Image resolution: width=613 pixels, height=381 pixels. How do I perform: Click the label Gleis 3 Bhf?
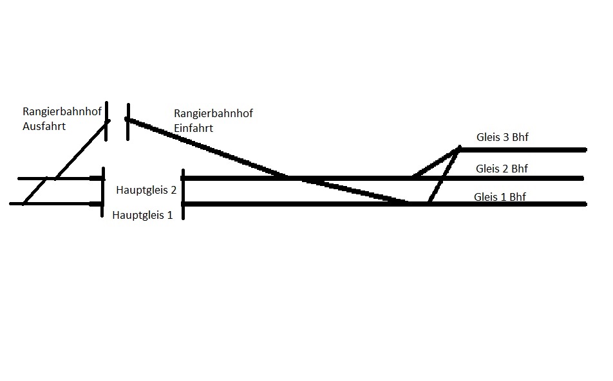click(502, 137)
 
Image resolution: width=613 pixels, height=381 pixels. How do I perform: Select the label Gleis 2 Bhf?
click(502, 169)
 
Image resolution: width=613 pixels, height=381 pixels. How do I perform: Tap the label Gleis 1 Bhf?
click(500, 197)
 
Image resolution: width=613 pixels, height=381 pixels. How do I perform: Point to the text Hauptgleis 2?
click(146, 190)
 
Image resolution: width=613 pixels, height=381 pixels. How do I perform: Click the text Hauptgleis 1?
click(142, 215)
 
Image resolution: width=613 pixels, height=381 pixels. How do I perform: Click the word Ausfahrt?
click(44, 126)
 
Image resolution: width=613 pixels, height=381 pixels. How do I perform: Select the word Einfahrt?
click(193, 128)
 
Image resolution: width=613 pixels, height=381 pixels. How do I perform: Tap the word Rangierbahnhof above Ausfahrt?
click(62, 112)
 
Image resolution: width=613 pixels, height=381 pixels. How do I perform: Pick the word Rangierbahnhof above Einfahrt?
click(213, 113)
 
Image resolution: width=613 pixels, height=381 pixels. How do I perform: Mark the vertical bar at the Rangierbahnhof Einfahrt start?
click(129, 121)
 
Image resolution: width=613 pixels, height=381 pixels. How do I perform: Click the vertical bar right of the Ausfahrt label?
click(107, 121)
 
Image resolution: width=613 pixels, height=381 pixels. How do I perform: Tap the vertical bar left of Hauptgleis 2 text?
click(102, 192)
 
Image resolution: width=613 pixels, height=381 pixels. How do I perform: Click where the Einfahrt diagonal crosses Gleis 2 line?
click(287, 177)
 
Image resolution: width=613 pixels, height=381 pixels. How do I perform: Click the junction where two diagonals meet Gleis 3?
click(458, 149)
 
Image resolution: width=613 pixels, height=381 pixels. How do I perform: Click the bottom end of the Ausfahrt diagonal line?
click(24, 203)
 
